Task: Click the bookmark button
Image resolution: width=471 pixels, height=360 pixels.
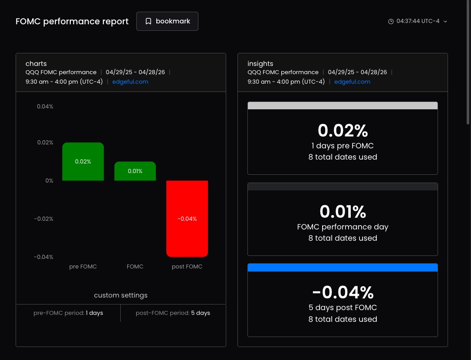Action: (x=167, y=21)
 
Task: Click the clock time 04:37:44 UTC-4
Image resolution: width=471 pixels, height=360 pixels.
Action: (x=418, y=21)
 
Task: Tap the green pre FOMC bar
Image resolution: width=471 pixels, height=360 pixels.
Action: (x=83, y=161)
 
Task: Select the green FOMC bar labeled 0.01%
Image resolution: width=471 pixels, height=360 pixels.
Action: (x=135, y=171)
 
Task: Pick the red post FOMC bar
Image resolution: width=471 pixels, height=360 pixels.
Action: (x=187, y=219)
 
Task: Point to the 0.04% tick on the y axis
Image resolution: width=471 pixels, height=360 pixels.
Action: (x=45, y=107)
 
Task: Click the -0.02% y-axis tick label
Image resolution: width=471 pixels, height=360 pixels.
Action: (x=43, y=219)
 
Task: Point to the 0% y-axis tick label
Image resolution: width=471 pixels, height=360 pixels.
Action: (x=49, y=181)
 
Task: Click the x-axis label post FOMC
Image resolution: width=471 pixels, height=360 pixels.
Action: (x=187, y=267)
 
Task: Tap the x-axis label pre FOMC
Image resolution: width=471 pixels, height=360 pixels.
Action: (x=83, y=267)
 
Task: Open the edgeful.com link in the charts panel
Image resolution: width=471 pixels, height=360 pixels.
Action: (x=130, y=82)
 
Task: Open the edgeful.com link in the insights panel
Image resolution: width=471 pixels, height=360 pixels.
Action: (x=352, y=82)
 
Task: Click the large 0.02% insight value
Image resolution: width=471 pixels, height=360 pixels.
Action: (x=343, y=131)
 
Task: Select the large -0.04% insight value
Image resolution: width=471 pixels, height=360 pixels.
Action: (x=343, y=292)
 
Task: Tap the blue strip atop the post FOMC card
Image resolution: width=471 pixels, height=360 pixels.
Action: (x=343, y=268)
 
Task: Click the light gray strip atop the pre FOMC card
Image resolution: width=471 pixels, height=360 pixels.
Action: (x=343, y=106)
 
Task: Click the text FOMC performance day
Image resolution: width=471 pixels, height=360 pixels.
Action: (x=343, y=227)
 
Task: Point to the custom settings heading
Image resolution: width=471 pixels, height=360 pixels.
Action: (x=121, y=295)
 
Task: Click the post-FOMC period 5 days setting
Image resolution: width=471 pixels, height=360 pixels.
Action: (x=173, y=313)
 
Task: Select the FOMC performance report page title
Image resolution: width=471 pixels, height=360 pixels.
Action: (x=72, y=21)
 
